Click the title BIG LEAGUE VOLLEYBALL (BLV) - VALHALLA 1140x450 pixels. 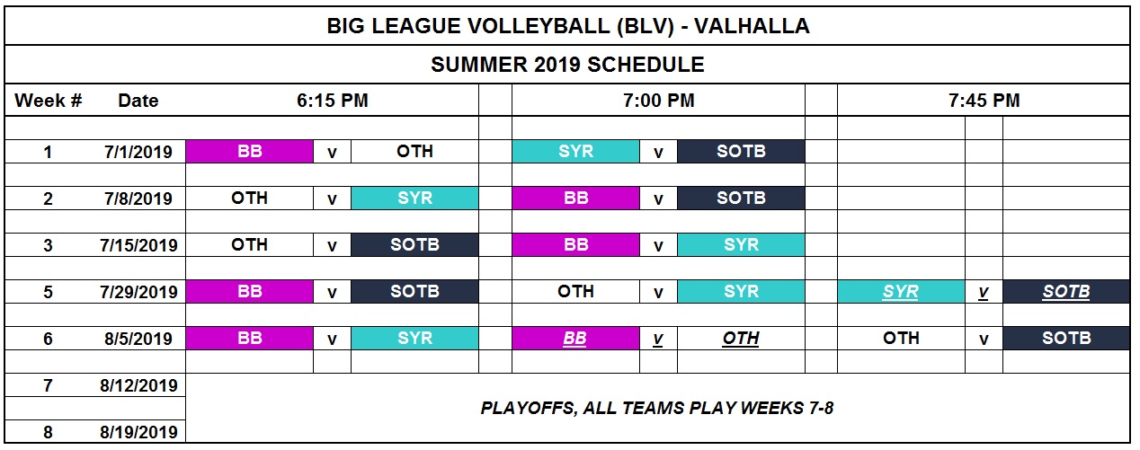pyautogui.click(x=568, y=26)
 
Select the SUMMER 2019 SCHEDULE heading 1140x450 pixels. pyautogui.click(x=567, y=65)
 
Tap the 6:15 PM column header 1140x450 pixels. pyautogui.click(x=333, y=101)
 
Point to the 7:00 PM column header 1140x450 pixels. pyautogui.click(x=658, y=101)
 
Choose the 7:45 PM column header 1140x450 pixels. pyautogui.click(x=984, y=101)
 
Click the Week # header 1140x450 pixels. pyautogui.click(x=49, y=101)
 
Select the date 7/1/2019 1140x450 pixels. pyautogui.click(x=138, y=152)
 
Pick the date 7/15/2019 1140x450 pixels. pyautogui.click(x=138, y=245)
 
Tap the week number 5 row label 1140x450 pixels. pyautogui.click(x=48, y=292)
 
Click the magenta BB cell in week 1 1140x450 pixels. pyautogui.click(x=249, y=151)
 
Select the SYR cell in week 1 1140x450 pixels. pyautogui.click(x=575, y=151)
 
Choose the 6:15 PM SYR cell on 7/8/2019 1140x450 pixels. pyautogui.click(x=414, y=198)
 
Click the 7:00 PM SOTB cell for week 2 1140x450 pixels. pyautogui.click(x=741, y=198)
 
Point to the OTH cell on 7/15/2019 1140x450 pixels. pyautogui.click(x=249, y=244)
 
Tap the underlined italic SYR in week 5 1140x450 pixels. pyautogui.click(x=901, y=291)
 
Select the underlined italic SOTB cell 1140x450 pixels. pyautogui.click(x=1066, y=291)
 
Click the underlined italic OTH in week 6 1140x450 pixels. pyautogui.click(x=741, y=338)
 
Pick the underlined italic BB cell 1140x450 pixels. pyautogui.click(x=575, y=338)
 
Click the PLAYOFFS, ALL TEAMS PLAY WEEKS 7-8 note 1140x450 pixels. pyautogui.click(x=657, y=408)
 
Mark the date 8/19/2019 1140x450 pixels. pyautogui.click(x=138, y=432)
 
